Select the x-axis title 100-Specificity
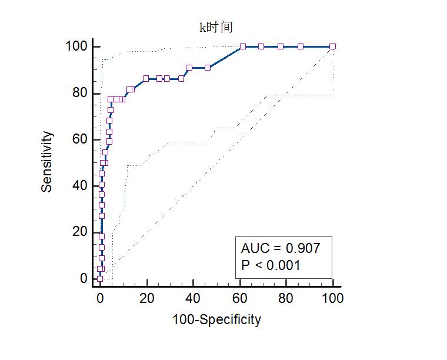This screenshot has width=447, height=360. coord(216,319)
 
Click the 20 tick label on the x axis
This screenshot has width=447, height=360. coord(146,298)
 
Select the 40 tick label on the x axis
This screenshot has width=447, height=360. coord(193,298)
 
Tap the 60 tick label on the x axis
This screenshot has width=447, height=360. coord(240,298)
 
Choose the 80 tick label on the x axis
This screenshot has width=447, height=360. coord(286,298)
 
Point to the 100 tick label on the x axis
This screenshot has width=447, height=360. coord(333,298)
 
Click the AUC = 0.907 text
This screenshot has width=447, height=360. coord(281,248)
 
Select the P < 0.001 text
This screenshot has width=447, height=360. coord(271,265)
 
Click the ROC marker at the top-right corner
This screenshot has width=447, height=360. coord(333,46)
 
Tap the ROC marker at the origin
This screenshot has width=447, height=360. coord(99,279)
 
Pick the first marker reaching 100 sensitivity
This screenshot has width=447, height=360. coord(242,46)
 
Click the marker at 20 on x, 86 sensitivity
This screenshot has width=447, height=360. coord(146,78)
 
